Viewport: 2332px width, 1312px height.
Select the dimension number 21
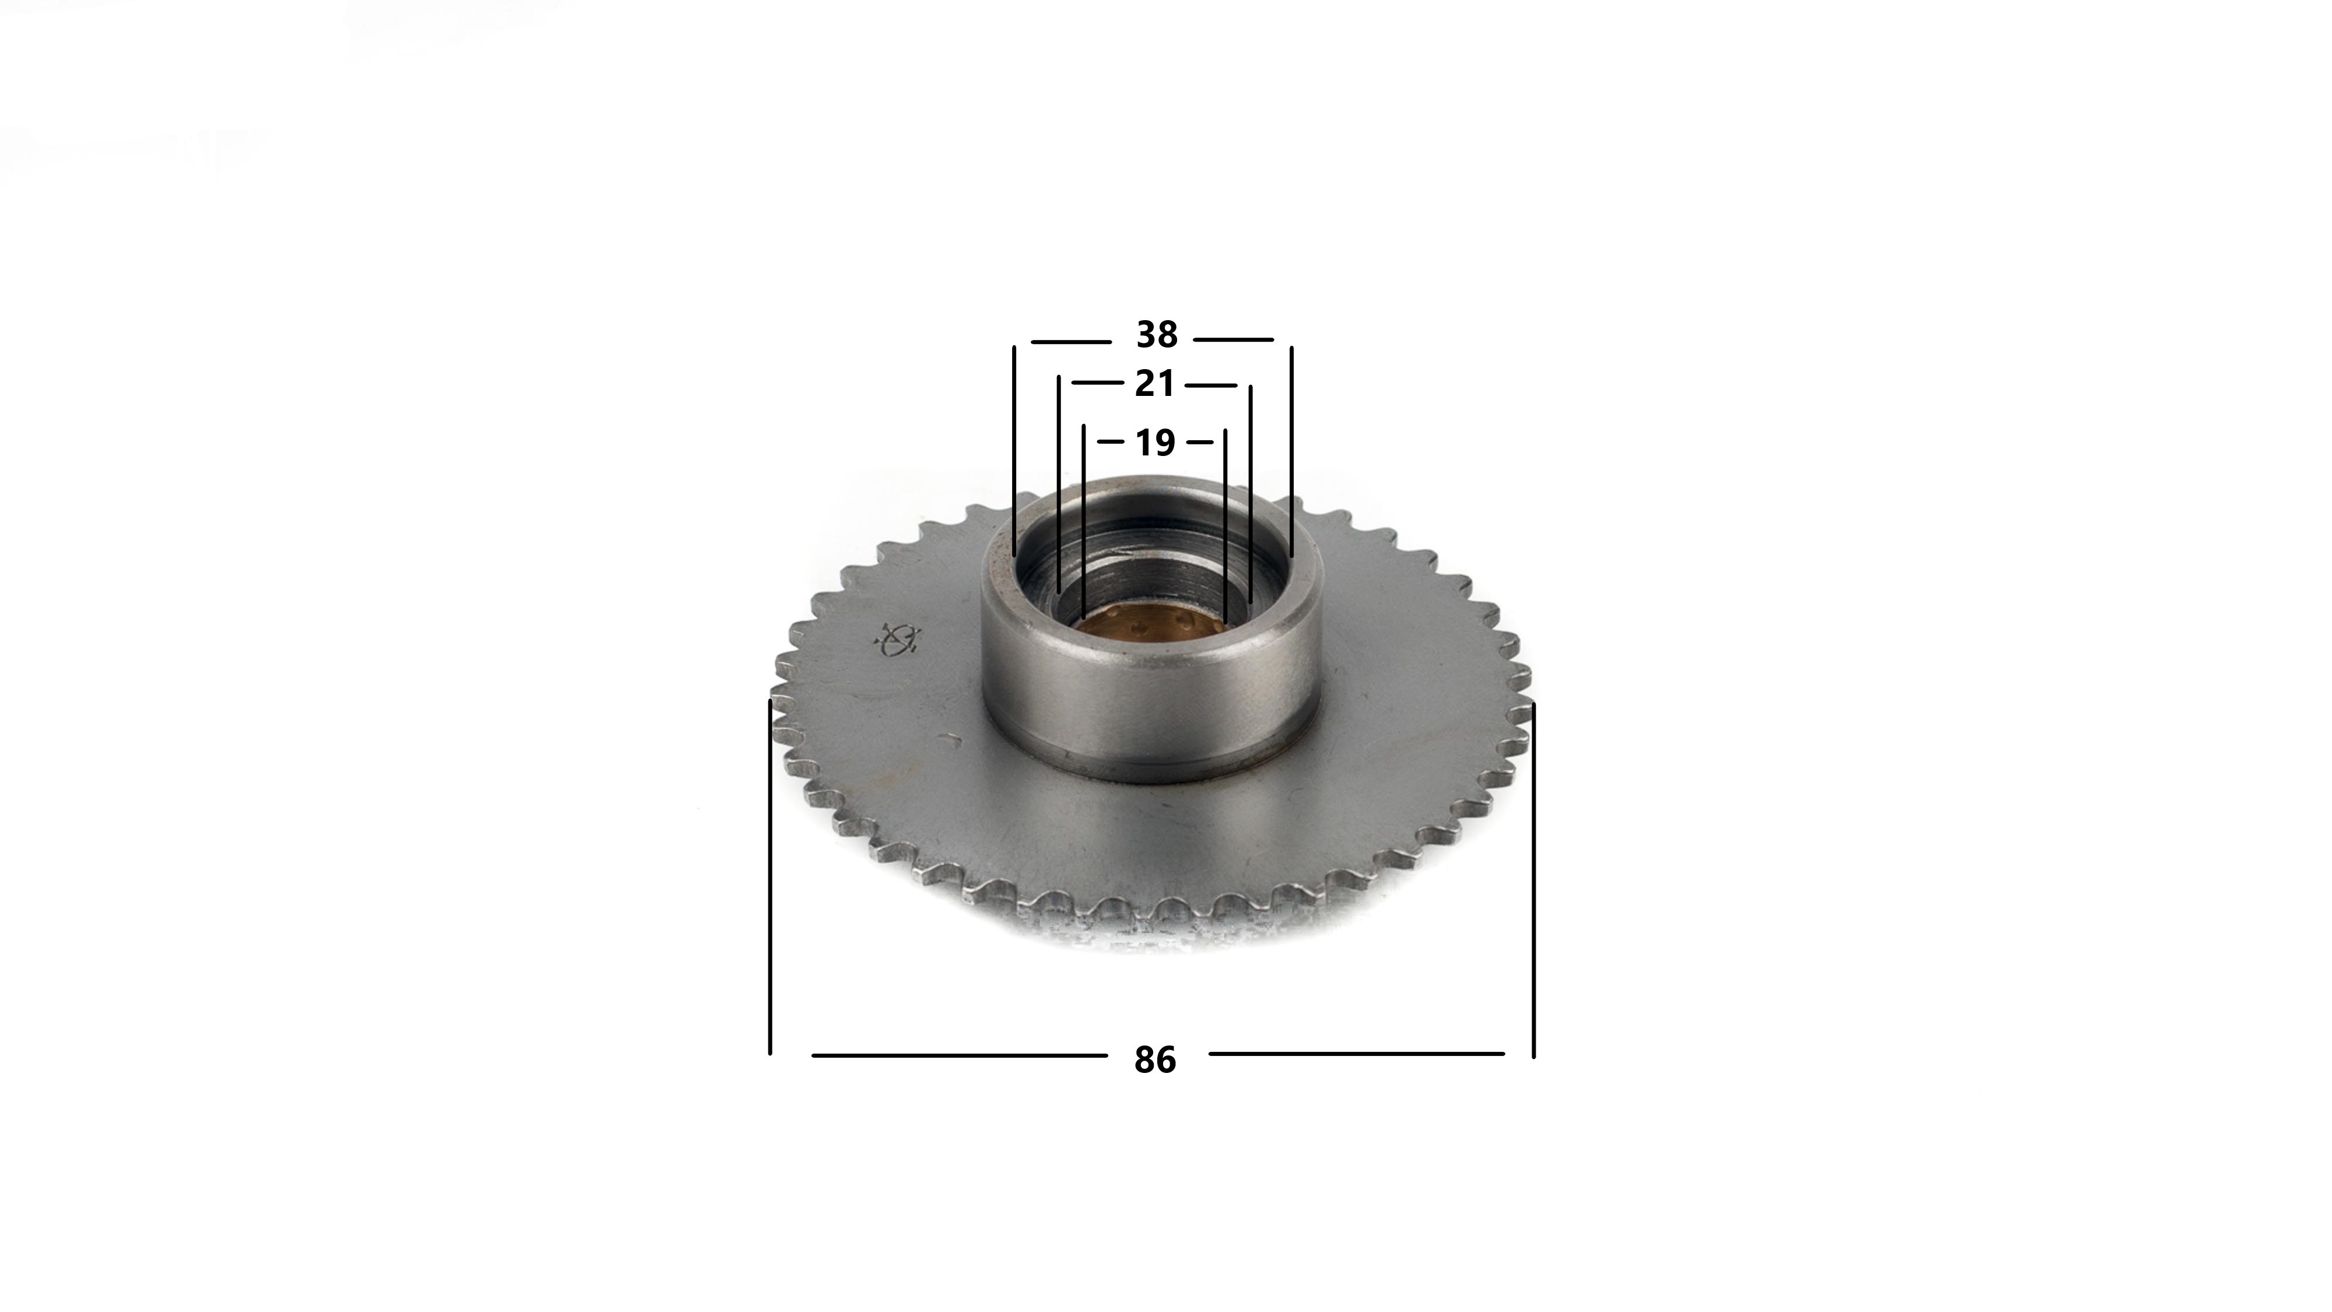pyautogui.click(x=1154, y=384)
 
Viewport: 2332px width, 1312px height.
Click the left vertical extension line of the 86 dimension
pyautogui.click(x=770, y=876)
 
